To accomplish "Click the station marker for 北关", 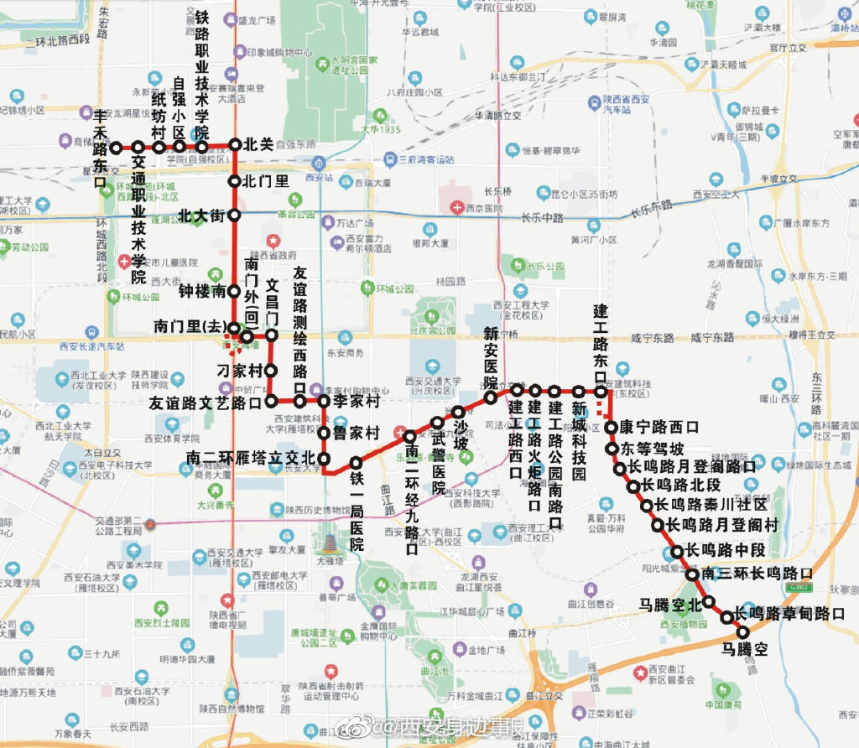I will [235, 144].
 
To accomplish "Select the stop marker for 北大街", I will [235, 216].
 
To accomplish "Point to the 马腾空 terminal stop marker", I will [742, 631].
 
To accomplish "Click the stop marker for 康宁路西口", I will [612, 427].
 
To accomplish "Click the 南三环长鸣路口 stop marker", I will [692, 574].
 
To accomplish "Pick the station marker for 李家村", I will [323, 402].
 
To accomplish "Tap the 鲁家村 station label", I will [357, 433].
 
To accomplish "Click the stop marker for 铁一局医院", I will [356, 462].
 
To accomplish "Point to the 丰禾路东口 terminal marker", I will [117, 148].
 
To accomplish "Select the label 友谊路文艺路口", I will [206, 403].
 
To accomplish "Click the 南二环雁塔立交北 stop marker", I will [323, 459].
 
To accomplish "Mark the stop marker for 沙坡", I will [459, 412].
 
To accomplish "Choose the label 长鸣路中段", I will [726, 550].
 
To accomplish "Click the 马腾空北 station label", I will [669, 604].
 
